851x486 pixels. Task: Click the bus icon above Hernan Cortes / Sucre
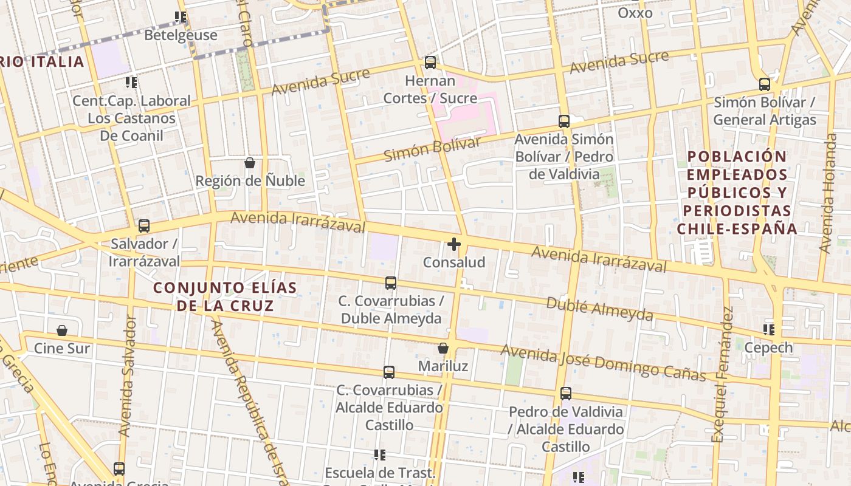coord(430,62)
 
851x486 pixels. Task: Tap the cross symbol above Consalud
coord(454,244)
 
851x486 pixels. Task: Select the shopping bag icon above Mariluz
coord(443,348)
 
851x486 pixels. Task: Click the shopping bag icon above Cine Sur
coord(61,330)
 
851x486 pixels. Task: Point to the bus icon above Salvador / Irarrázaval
coord(144,226)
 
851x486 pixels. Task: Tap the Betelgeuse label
coord(181,35)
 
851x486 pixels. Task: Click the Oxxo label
coord(635,13)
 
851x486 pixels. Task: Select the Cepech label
coord(768,347)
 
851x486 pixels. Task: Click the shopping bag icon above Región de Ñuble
coord(249,163)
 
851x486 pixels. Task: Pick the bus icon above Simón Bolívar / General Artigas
coord(765,85)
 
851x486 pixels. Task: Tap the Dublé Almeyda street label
coord(599,309)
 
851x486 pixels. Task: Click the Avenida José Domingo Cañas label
coord(603,363)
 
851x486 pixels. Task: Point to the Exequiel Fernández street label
coord(723,374)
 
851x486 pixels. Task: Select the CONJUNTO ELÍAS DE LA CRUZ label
coord(226,296)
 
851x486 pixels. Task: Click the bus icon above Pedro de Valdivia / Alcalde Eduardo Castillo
coord(566,394)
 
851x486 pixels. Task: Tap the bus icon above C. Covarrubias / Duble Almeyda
coord(391,283)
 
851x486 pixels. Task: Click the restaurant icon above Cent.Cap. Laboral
coord(131,82)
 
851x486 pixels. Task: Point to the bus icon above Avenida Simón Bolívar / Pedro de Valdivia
coord(564,122)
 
